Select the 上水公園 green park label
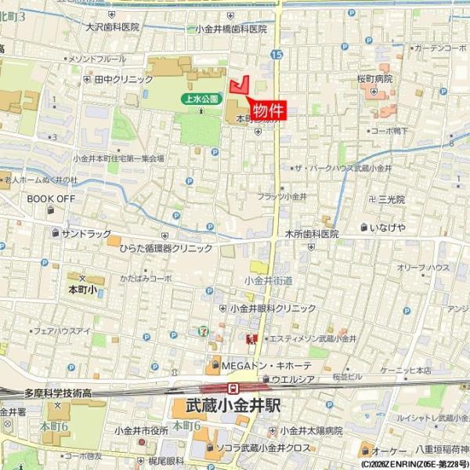click(199, 99)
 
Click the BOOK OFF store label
click(51, 199)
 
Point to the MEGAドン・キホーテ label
click(266, 365)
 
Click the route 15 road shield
click(277, 54)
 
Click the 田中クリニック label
click(124, 79)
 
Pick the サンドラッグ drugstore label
click(86, 233)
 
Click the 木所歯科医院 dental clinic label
click(311, 233)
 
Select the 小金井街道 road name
click(268, 280)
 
